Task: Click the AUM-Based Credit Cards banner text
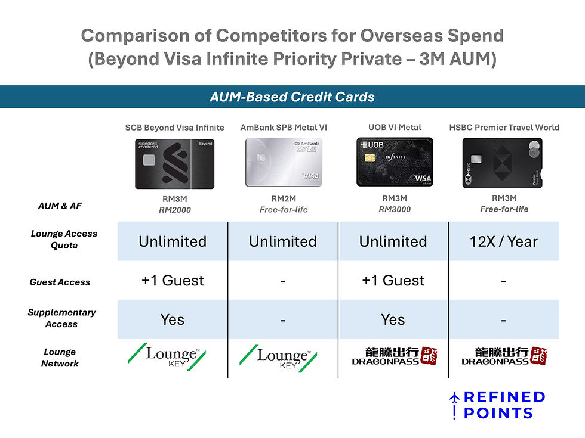[292, 97]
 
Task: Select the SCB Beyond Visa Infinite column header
[174, 127]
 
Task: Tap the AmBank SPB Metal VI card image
[283, 162]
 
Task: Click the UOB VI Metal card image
[394, 162]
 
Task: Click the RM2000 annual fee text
[174, 209]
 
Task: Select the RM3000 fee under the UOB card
[393, 209]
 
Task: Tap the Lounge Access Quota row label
[64, 239]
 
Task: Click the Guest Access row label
[60, 282]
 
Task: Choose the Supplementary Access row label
[61, 318]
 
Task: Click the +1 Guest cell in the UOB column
[393, 281]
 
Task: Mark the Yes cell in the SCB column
[173, 319]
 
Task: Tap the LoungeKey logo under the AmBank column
[282, 357]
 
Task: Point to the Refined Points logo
[498, 405]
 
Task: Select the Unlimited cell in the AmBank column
[282, 241]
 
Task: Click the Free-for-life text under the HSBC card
[504, 209]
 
